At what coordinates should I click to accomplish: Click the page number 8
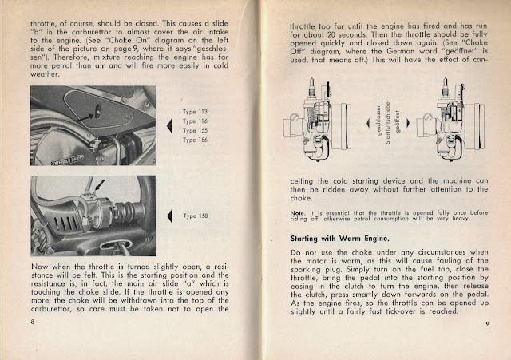point(31,322)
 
